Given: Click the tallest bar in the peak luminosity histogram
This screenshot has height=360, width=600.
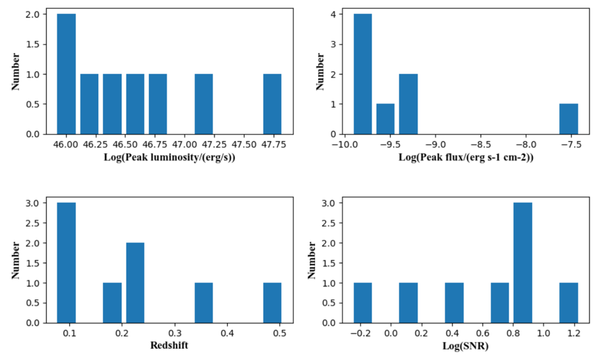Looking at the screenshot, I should [66, 74].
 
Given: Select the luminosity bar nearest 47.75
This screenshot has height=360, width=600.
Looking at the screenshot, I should [272, 104].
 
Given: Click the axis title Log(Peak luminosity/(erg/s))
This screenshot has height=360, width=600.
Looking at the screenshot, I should [169, 157].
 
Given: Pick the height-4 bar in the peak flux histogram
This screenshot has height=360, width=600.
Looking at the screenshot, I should [363, 74].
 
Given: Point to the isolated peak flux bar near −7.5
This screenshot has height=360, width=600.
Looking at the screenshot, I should [569, 119].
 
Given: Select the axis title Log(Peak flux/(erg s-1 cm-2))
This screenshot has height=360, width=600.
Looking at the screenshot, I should [466, 157].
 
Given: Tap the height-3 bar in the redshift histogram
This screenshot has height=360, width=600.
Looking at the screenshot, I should [66, 263].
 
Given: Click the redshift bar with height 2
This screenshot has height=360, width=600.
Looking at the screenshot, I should [135, 283].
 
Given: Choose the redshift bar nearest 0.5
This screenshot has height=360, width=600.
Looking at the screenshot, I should [272, 303].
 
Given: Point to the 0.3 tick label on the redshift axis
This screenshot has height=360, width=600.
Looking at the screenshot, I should [175, 334].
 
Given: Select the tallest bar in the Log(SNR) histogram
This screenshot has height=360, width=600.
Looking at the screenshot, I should [523, 263].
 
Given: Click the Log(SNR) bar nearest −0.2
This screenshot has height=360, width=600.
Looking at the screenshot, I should [363, 303].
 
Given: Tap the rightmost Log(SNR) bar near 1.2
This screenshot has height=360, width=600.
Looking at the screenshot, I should [569, 303].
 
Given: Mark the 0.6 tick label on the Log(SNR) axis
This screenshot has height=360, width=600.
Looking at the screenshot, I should [482, 334].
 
